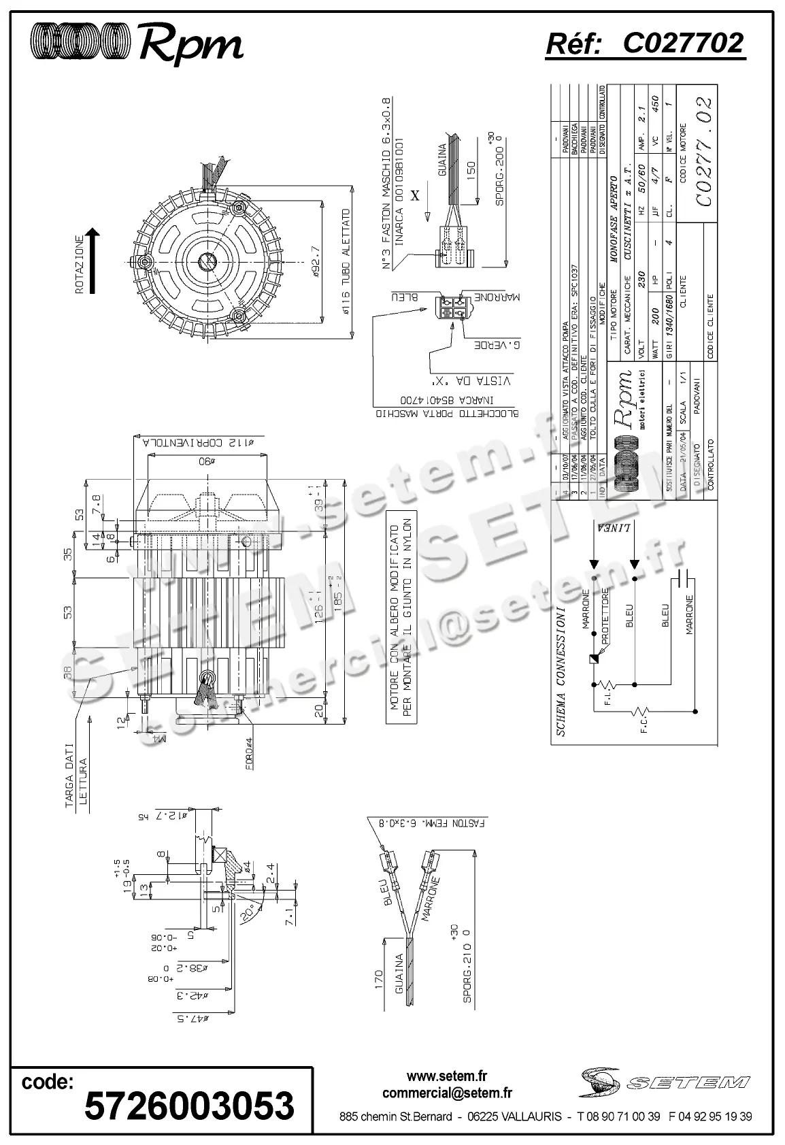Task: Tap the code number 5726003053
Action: pos(189,1105)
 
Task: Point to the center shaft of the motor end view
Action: pos(206,262)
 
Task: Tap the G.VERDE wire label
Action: pos(497,346)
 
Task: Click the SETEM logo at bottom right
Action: pos(665,1082)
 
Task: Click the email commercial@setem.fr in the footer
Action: pos(447,1093)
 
